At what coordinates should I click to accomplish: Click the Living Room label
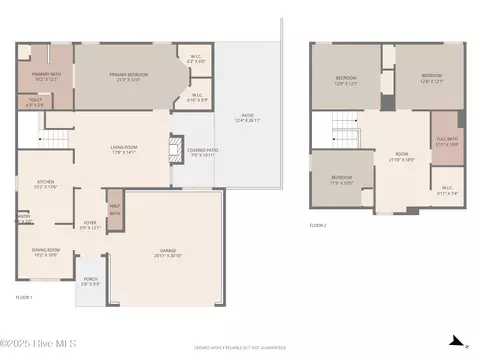(123, 150)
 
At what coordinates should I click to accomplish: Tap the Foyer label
(89, 225)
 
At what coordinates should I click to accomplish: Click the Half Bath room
(115, 210)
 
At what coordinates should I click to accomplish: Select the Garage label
(167, 253)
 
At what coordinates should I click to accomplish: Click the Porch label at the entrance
(90, 281)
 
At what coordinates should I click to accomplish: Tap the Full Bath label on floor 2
(446, 142)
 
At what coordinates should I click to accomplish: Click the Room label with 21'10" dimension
(399, 156)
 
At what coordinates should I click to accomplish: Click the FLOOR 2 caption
(320, 227)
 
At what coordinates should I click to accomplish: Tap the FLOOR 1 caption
(24, 298)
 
